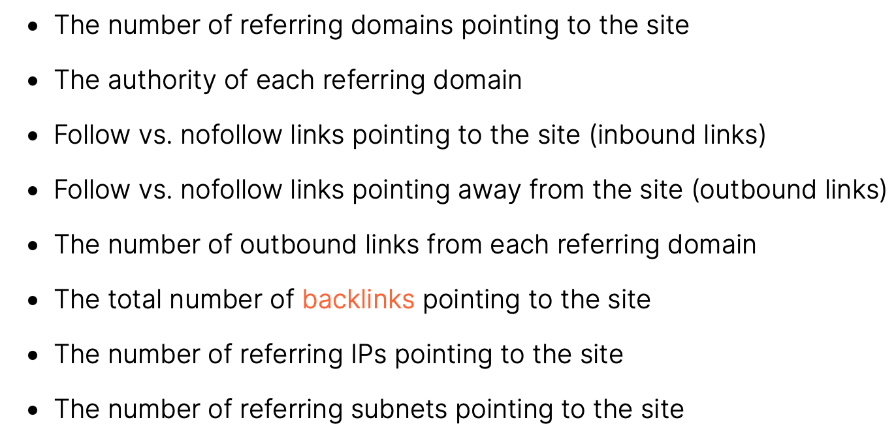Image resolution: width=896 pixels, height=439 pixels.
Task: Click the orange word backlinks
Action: pos(358,299)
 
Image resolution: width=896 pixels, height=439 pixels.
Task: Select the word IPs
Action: pos(368,354)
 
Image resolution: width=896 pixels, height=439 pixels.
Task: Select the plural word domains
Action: pos(401,25)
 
